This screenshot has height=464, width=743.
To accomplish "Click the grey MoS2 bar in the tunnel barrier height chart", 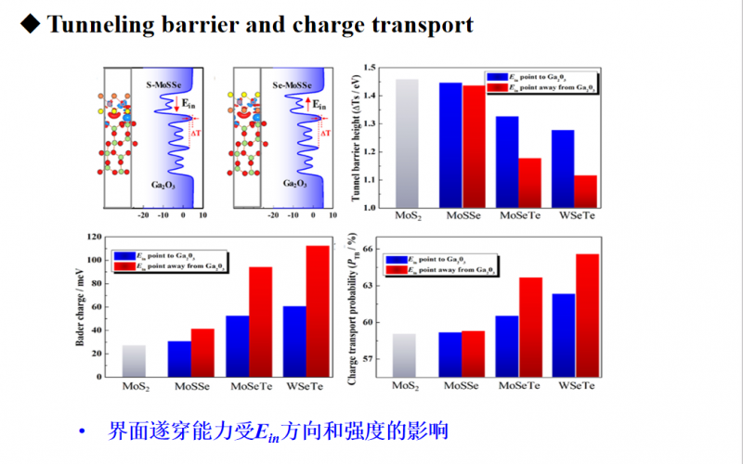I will tap(408, 144).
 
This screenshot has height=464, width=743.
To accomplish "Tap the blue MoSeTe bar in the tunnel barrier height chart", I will tap(507, 161).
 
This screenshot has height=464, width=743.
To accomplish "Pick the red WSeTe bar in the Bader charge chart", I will tap(319, 311).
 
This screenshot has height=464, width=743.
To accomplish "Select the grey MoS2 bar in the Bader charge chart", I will tap(135, 361).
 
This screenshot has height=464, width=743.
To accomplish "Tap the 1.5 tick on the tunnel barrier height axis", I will tap(374, 68).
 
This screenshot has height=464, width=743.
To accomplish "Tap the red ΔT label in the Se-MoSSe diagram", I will tap(325, 134).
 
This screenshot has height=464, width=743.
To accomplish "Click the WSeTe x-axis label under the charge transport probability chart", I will tap(575, 384).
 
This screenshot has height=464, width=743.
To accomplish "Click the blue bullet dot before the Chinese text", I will tap(82, 432).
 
